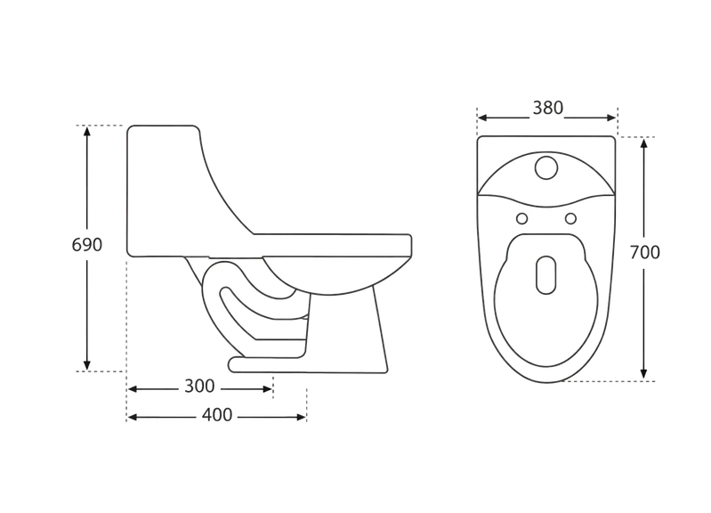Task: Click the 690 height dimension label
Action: [87, 245]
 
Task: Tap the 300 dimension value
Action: [199, 387]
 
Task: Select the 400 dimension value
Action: [217, 415]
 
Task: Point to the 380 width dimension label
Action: [548, 108]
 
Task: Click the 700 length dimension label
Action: [645, 252]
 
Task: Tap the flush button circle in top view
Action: [546, 167]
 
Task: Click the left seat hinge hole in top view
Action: [522, 219]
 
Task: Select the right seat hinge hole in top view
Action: [570, 219]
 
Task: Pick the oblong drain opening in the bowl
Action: [546, 274]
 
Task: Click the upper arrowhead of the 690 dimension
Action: [87, 131]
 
